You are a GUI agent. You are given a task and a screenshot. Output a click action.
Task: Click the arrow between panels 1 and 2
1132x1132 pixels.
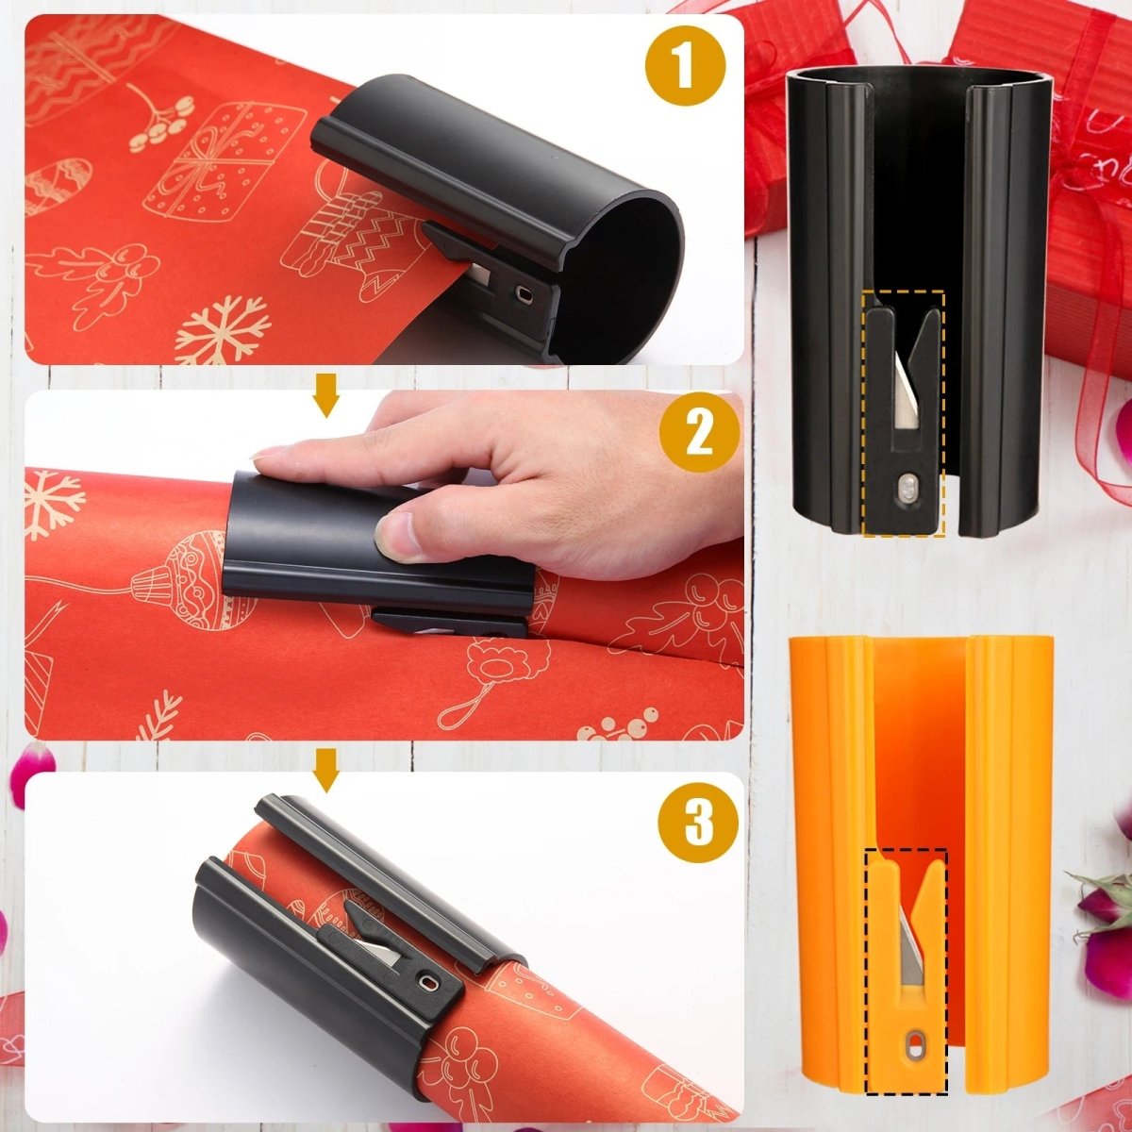[x=326, y=394]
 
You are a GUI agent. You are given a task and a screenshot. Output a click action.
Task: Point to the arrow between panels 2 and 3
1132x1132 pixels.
[x=326, y=770]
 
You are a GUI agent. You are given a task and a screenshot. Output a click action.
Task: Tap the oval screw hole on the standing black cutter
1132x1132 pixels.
[x=907, y=489]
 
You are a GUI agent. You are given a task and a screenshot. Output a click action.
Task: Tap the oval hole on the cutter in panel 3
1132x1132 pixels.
[x=429, y=984]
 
